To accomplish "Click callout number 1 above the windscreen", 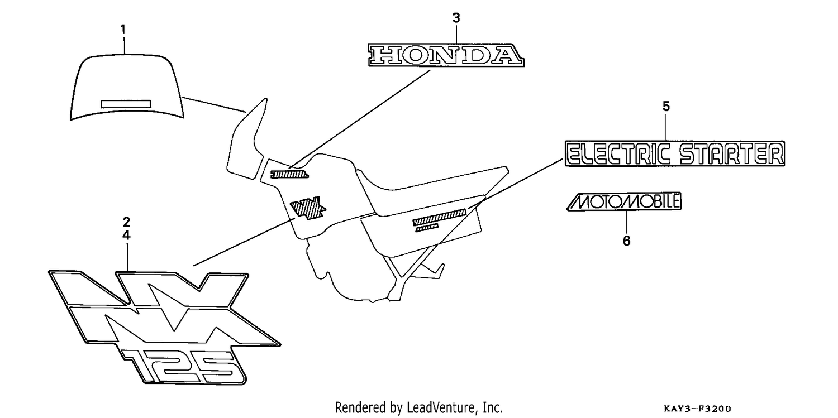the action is pos(123,29).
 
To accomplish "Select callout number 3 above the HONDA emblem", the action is pos(456,17).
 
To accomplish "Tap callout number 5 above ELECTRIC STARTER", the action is pos(666,107).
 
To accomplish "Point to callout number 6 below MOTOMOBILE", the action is pos(627,241).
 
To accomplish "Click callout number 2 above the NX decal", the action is pos(126,222).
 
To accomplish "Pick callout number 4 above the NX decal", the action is pos(126,236).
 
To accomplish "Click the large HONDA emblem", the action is pos(446,55).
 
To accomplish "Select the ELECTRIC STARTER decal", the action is pos(675,153).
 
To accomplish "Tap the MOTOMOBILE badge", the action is pos(624,201).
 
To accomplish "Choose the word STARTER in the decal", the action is pos(731,154).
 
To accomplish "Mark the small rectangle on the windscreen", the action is pos(126,104).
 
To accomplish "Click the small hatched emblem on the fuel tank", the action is pos(289,174).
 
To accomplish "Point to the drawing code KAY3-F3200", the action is pos(697,409).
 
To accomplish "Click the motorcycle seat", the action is pos(430,190).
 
